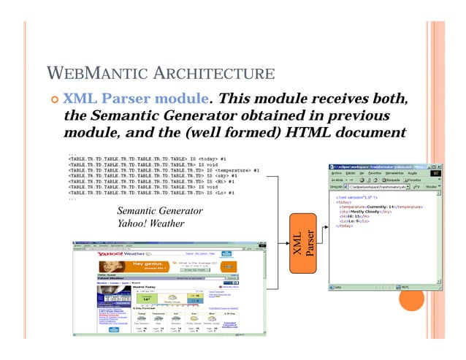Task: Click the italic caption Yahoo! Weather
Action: [x=153, y=223]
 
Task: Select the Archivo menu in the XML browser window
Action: [x=337, y=173]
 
